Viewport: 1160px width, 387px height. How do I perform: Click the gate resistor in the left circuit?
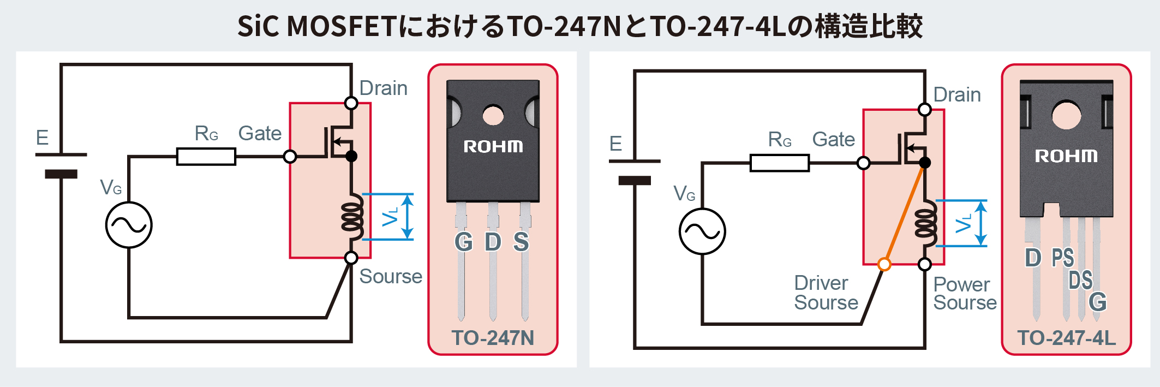[206, 157]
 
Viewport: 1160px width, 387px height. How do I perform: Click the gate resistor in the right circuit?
[780, 163]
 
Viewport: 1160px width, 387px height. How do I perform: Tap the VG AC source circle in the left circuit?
[129, 225]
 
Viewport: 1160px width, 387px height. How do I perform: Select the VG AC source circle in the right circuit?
[702, 231]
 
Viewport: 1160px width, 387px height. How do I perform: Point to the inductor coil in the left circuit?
[352, 217]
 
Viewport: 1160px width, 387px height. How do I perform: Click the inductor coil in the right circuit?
[926, 224]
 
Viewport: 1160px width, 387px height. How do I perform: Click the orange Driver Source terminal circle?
[884, 265]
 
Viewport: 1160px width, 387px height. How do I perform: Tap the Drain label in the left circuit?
[383, 88]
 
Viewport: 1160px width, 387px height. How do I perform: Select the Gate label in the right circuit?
[833, 140]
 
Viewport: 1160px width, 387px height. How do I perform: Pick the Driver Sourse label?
[826, 293]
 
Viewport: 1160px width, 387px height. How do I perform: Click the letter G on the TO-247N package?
[464, 242]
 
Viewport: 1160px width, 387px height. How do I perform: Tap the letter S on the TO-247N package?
[521, 242]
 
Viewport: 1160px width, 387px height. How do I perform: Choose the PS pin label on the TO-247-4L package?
[1062, 258]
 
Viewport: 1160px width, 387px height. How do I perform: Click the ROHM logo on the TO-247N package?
[493, 146]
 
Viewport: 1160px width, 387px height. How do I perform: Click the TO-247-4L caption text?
[1066, 338]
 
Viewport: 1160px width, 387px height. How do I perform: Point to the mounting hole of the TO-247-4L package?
[1066, 115]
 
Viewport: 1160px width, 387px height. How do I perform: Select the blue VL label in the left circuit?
[391, 217]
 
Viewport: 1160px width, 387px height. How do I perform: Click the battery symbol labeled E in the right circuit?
[635, 170]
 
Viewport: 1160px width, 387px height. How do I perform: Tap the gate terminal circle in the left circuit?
[290, 157]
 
